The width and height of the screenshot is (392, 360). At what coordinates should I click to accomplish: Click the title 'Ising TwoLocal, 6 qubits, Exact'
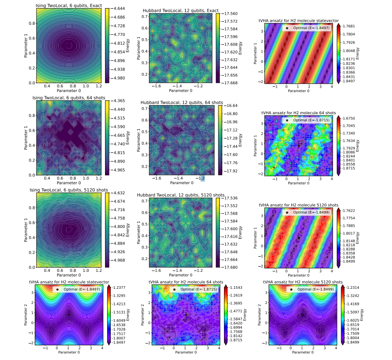coord(65,5)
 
